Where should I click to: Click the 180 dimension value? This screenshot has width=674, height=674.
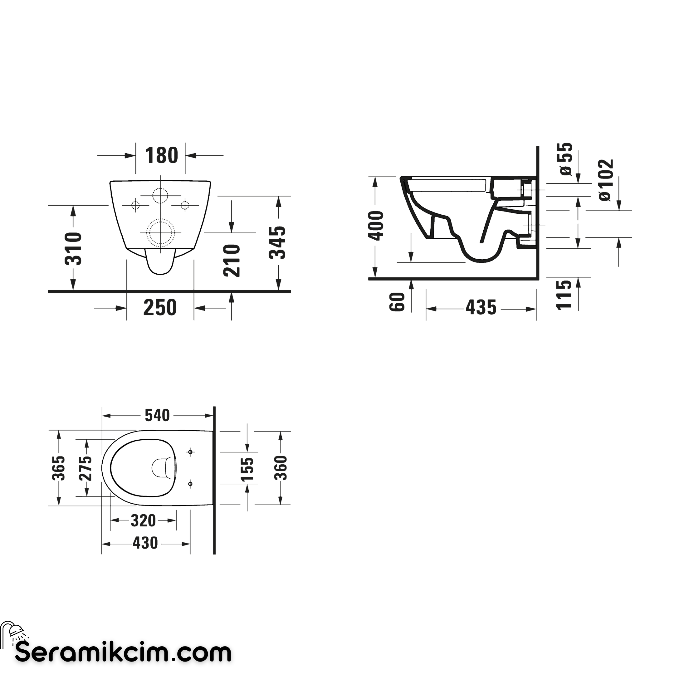point(162,155)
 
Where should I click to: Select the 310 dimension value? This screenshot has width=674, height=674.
point(73,248)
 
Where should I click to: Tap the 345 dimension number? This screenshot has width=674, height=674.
point(277,242)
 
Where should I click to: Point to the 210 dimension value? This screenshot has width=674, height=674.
point(232,261)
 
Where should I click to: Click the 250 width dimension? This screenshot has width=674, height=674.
point(160,308)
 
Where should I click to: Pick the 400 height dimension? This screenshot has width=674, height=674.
point(376,226)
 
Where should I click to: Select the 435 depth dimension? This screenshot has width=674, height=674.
point(481,308)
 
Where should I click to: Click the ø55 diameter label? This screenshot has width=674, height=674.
point(565,159)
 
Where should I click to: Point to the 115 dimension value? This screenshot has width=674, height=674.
point(564,295)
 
